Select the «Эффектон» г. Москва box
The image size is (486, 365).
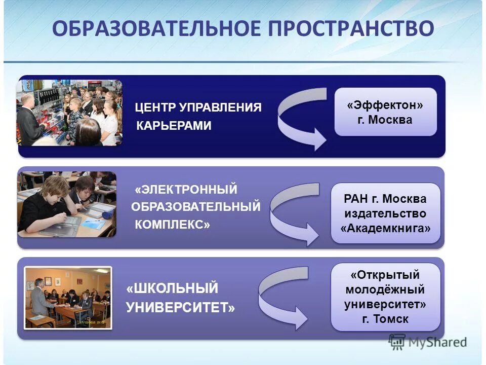[385, 112]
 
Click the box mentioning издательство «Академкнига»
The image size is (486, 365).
[385, 213]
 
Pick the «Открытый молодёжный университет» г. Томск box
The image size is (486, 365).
[385, 297]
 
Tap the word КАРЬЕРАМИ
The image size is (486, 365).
[174, 126]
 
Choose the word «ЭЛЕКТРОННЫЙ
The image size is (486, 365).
[186, 190]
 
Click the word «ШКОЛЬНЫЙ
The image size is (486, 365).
[172, 289]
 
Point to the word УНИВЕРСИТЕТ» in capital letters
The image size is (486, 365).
[180, 307]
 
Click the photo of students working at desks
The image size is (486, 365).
[67, 204]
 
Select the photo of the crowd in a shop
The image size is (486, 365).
[69, 113]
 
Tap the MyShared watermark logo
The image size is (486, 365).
[428, 342]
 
